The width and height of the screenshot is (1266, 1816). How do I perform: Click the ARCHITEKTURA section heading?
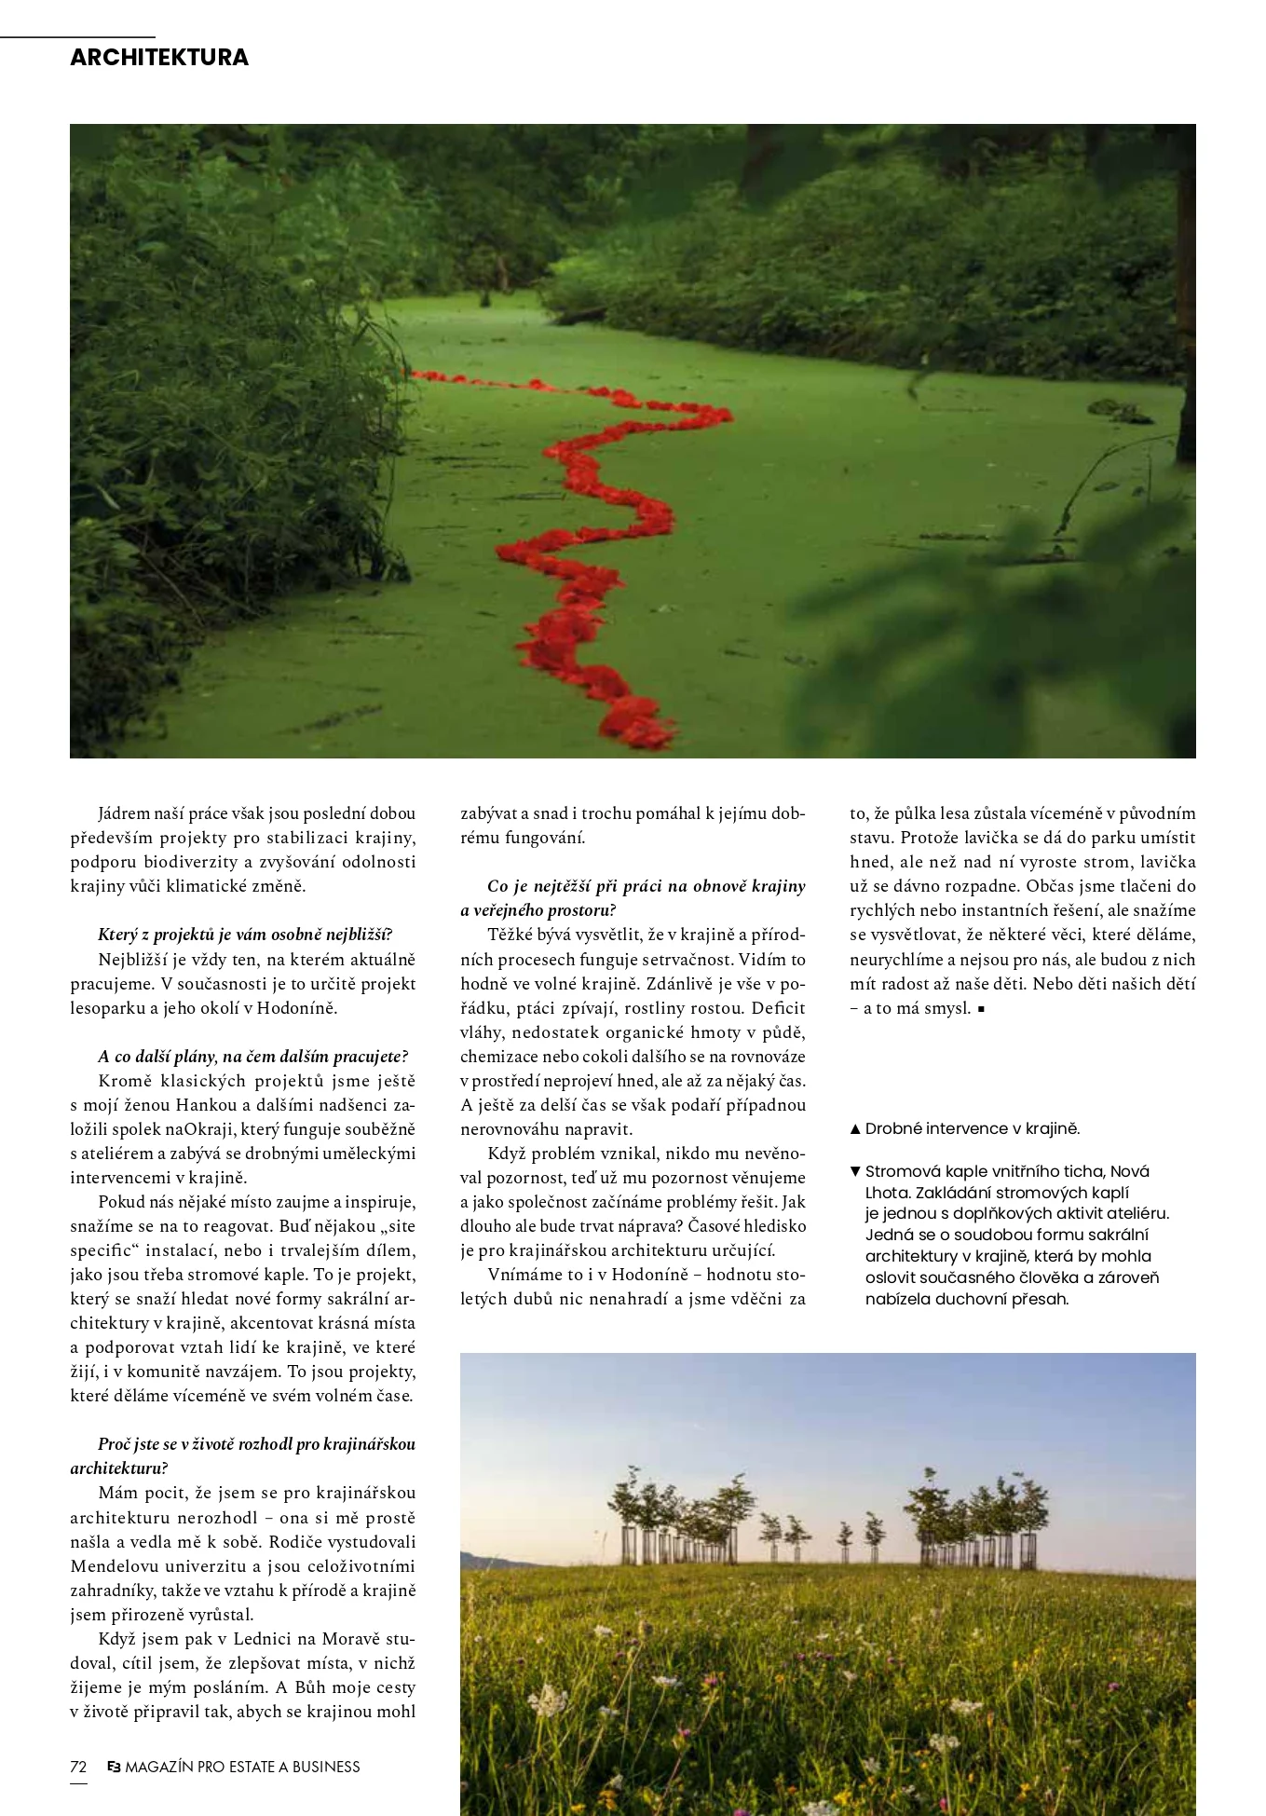click(x=159, y=58)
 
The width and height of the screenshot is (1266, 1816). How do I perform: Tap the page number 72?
click(x=78, y=1767)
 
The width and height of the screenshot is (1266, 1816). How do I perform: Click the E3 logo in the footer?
click(x=114, y=1767)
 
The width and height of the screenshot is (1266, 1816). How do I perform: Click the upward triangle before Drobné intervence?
click(x=855, y=1129)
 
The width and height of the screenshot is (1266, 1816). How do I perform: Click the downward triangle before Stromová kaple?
click(x=855, y=1171)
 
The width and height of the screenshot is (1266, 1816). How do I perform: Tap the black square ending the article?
click(x=982, y=1008)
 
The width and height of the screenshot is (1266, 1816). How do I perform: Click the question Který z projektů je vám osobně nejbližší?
click(x=245, y=935)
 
